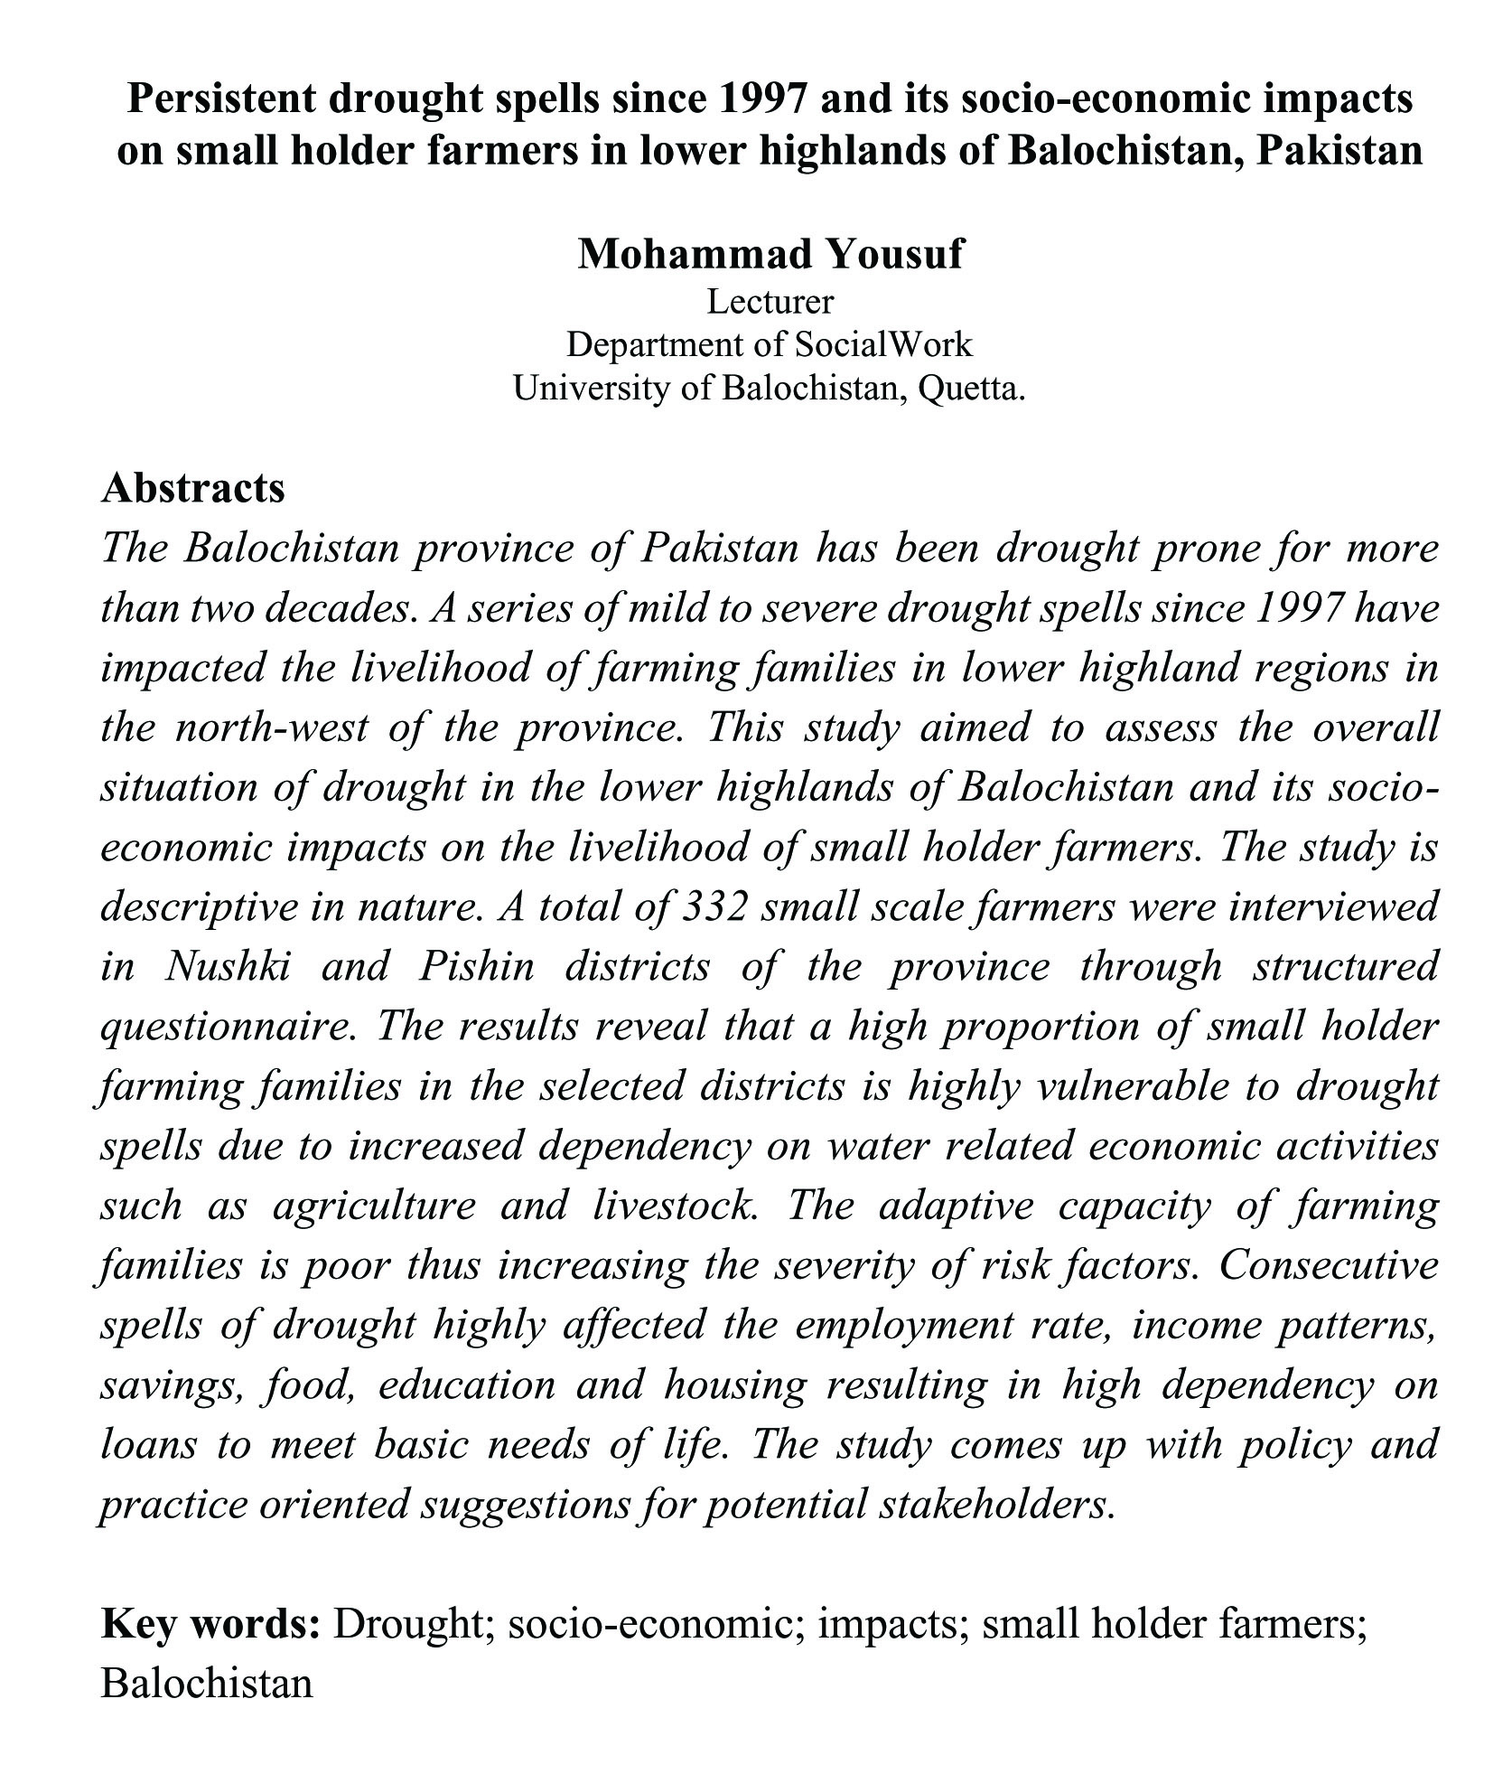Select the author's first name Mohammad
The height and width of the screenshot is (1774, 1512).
(690, 255)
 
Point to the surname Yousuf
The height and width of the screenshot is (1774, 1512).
(894, 255)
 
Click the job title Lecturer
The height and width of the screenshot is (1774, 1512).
(770, 302)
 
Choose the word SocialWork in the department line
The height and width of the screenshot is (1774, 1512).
(883, 345)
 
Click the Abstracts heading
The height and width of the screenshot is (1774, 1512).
(192, 488)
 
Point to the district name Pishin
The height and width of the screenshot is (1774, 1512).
(476, 966)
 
